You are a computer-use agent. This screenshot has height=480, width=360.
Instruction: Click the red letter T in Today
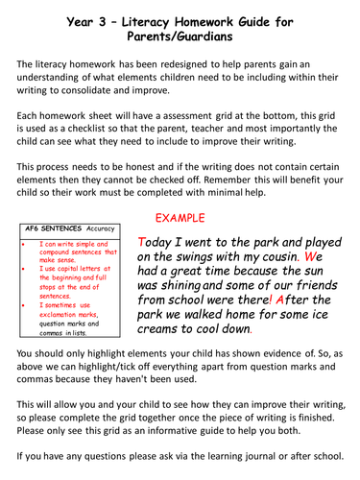click(x=143, y=241)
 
